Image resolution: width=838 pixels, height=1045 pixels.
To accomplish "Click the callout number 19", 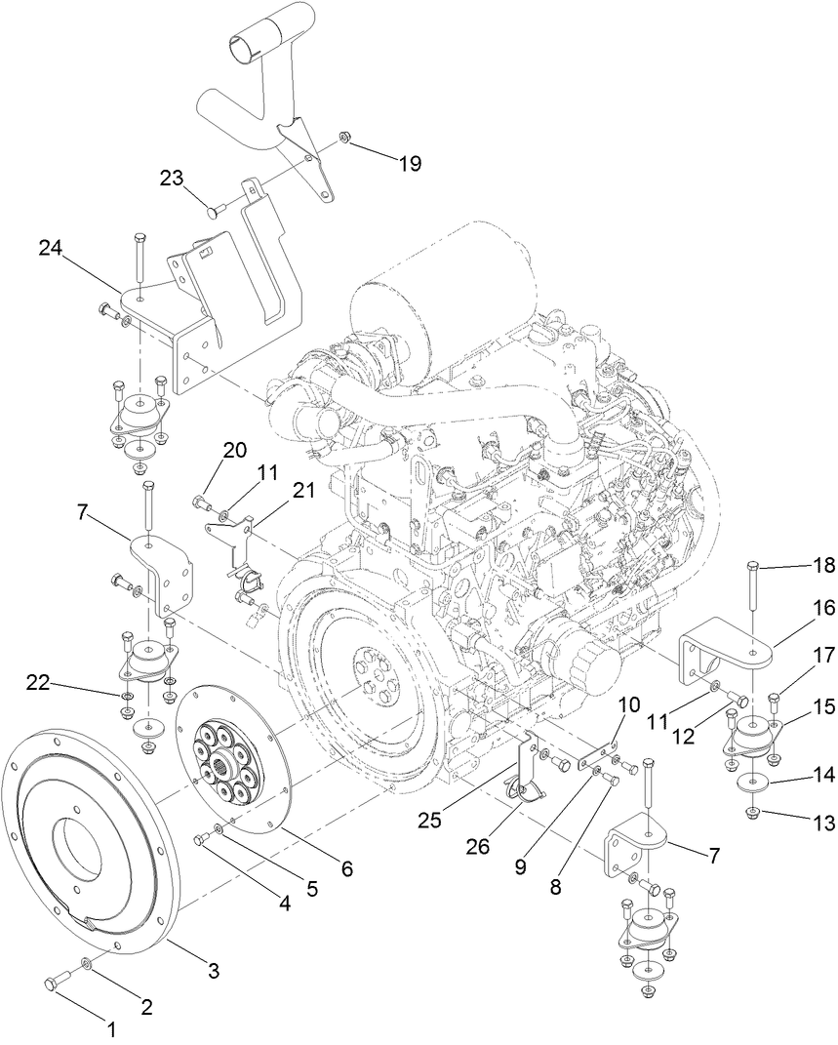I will tap(409, 163).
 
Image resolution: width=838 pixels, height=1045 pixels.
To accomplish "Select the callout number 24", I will tap(51, 249).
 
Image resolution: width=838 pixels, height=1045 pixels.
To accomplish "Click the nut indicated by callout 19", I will tap(344, 138).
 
